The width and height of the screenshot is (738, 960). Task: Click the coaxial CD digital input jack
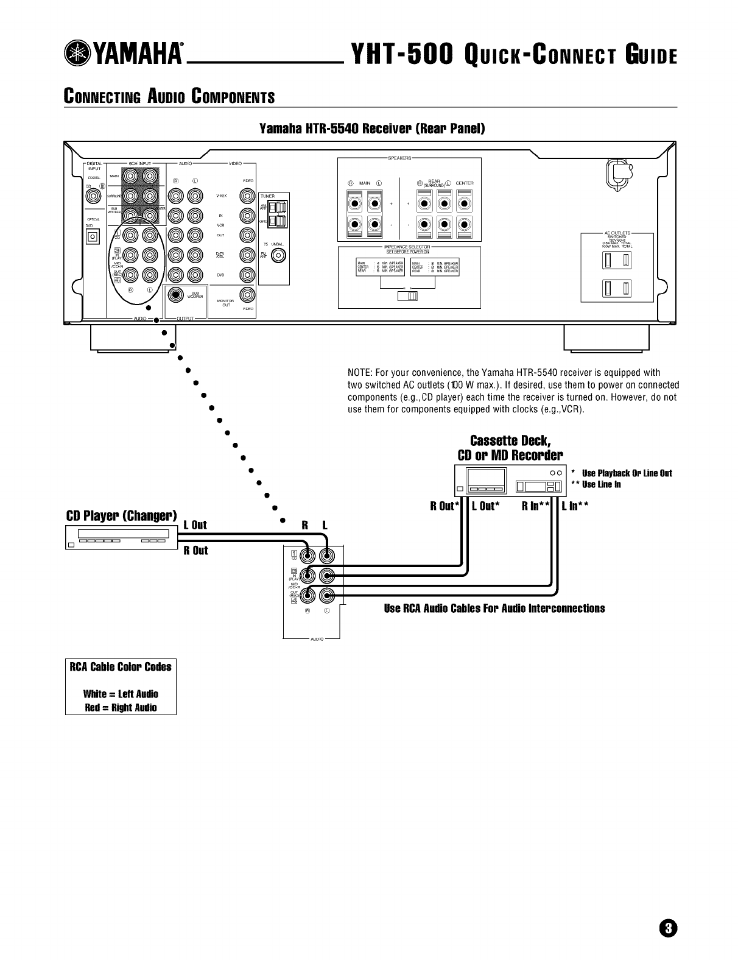pos(93,196)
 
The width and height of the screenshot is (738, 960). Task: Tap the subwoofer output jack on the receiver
pos(176,295)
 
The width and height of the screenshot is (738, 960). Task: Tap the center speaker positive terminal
pos(464,202)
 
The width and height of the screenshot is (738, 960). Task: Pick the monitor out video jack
pos(247,295)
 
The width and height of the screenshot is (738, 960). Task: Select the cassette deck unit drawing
pos(510,481)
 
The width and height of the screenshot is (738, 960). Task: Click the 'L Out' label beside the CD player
pos(195,525)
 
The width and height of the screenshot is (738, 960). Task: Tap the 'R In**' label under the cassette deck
pos(536,505)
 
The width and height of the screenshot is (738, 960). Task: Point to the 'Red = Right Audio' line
pos(121,707)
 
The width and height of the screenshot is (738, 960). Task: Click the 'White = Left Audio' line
pos(121,694)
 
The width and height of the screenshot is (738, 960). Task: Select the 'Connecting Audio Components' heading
pos(169,97)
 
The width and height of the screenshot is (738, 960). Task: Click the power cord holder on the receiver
pos(619,174)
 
